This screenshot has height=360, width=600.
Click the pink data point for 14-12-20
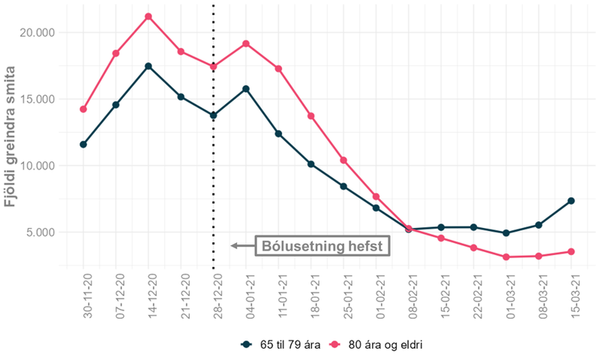[148, 16]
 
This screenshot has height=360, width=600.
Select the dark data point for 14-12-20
[148, 66]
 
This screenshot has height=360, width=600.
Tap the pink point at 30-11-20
[83, 109]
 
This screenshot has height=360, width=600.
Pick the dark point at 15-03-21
[571, 201]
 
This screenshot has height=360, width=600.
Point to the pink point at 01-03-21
[506, 257]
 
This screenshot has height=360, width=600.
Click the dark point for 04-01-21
[246, 88]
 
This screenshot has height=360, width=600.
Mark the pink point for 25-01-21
[343, 160]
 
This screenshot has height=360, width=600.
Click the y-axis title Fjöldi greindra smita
[12, 135]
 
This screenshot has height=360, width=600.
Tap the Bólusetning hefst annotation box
[322, 245]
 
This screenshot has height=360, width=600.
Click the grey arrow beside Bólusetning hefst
[241, 245]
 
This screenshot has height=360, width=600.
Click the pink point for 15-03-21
[571, 251]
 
